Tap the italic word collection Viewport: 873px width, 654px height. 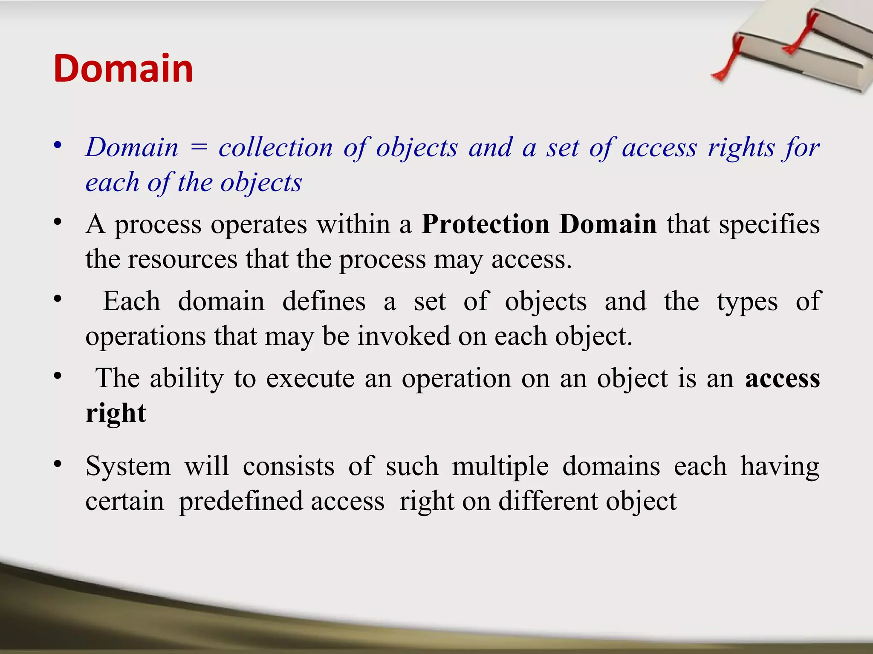pos(275,147)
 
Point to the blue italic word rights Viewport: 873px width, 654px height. pos(741,148)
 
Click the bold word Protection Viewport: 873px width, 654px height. pos(485,224)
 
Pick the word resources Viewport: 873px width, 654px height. pos(182,259)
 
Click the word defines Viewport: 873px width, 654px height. pos(324,301)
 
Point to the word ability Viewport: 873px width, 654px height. pos(186,378)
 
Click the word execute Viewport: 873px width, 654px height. pos(310,378)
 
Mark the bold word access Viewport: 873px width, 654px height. pos(782,379)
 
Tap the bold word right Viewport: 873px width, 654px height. pos(116,413)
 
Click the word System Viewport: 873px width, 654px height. pos(128,467)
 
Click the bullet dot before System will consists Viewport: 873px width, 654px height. pos(58,464)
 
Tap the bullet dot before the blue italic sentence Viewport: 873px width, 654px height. pos(58,145)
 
